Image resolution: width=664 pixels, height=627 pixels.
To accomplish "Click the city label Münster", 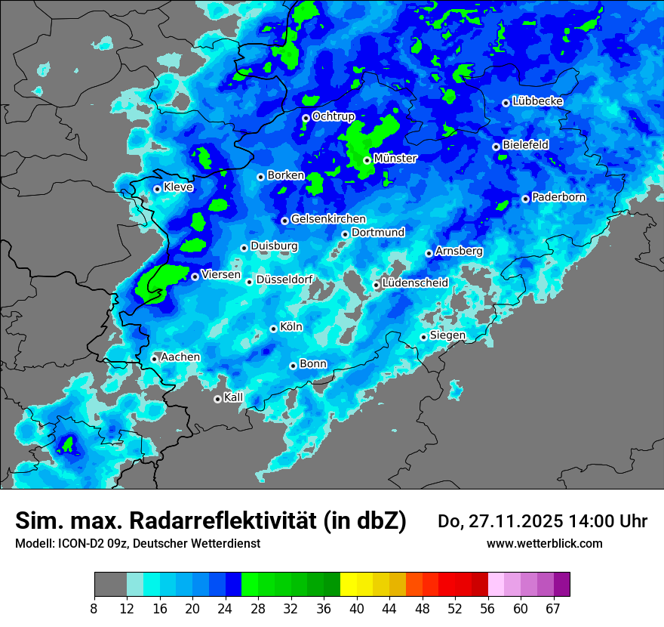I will click(x=395, y=159).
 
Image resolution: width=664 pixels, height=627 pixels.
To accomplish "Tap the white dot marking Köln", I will click(x=274, y=329).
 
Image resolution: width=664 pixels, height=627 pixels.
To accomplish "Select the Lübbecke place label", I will click(x=538, y=101).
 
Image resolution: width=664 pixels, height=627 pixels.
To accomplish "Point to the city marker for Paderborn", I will click(x=526, y=199).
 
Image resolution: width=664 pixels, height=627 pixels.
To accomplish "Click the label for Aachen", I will click(x=180, y=357).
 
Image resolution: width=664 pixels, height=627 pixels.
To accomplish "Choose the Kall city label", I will click(x=234, y=397).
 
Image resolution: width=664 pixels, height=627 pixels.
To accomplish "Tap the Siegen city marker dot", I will click(x=423, y=337).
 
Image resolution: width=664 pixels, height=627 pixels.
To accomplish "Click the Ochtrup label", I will click(x=334, y=116).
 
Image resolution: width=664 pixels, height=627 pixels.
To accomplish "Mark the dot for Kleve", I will click(x=157, y=189).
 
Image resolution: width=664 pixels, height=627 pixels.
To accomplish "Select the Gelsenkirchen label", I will click(x=328, y=219).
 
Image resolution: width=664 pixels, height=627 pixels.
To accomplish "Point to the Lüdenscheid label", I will click(x=415, y=283).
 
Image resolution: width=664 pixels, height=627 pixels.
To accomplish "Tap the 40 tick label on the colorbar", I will click(x=356, y=608).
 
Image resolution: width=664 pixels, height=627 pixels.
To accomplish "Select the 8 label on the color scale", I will click(x=94, y=608).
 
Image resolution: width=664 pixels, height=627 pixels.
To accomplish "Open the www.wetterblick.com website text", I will click(x=544, y=543).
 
